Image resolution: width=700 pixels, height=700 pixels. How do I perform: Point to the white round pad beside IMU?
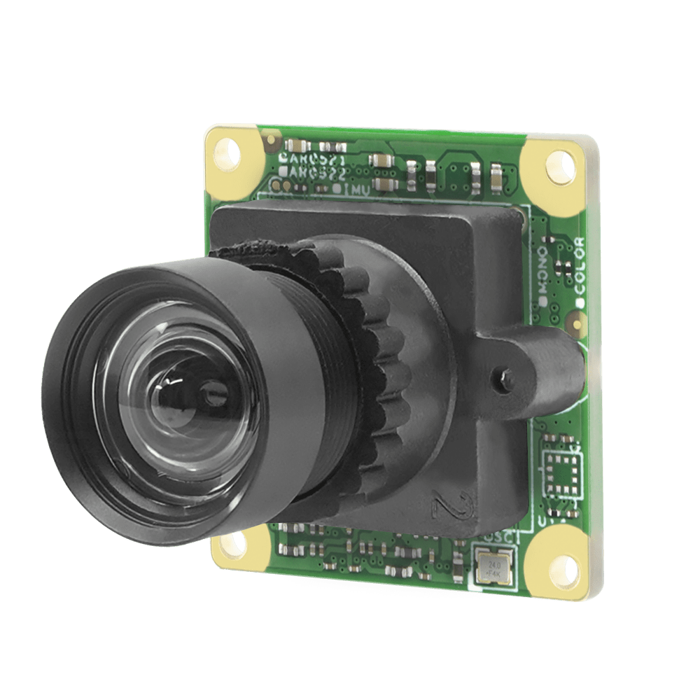coord(337,188)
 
